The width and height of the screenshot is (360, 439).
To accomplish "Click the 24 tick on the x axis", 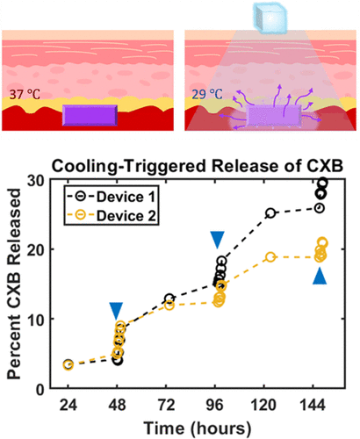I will [68, 405].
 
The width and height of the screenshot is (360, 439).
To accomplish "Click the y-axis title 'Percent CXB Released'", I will [22, 284].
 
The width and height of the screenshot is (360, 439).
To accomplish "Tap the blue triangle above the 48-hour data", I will [116, 311].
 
